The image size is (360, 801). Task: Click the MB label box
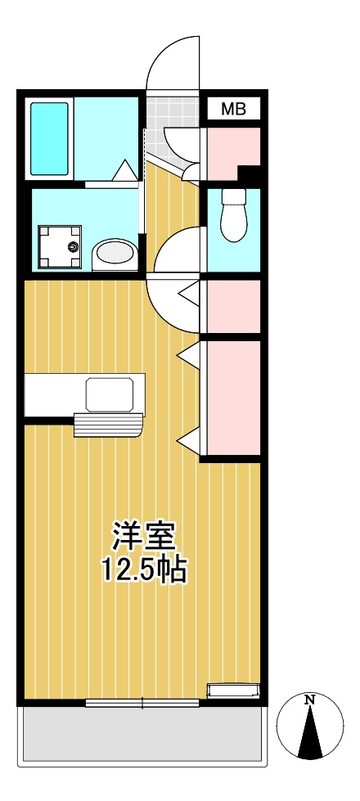[x=234, y=109]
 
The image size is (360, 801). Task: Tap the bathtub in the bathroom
[x=50, y=138]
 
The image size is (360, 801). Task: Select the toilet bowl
[x=233, y=214]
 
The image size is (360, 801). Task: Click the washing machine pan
[x=60, y=247]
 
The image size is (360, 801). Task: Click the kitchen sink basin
[x=110, y=395]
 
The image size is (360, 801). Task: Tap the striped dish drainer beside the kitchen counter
[x=108, y=425]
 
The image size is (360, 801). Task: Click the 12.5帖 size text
[x=145, y=569]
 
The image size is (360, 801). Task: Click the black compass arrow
[x=310, y=731]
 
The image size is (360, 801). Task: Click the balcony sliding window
[x=142, y=704]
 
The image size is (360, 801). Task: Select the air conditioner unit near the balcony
[x=233, y=691]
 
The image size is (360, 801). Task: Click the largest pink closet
[x=234, y=398]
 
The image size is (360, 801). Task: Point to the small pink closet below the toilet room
[x=234, y=306]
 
